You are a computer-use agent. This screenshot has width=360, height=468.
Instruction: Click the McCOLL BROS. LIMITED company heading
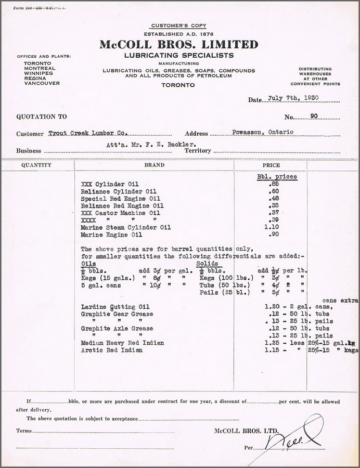tap(179, 44)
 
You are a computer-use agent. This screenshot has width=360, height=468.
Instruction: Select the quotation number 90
tap(313, 116)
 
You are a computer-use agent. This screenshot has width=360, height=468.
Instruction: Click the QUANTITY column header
tap(36, 165)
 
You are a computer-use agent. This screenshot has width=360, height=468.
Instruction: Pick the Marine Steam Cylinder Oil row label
tap(126, 227)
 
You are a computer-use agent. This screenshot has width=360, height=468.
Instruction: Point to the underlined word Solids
tap(207, 263)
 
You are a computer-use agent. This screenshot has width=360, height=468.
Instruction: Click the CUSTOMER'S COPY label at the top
tap(179, 25)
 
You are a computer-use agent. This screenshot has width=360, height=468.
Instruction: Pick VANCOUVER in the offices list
tap(42, 83)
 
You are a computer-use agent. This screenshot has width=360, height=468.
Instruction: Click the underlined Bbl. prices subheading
tap(277, 176)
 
